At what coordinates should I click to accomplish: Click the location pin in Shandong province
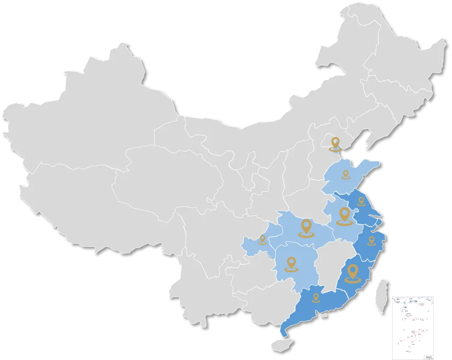(x=346, y=174)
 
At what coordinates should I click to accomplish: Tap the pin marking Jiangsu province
(x=361, y=201)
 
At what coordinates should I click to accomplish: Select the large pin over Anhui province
(x=344, y=215)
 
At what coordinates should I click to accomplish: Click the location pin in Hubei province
(x=306, y=227)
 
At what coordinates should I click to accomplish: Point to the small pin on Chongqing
(x=263, y=239)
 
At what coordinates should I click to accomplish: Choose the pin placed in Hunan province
(x=292, y=263)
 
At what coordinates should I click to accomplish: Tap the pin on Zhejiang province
(x=371, y=241)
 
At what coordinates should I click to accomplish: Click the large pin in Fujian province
(x=353, y=273)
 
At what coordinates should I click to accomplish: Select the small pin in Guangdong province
(x=316, y=296)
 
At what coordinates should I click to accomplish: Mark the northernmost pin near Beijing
(x=336, y=143)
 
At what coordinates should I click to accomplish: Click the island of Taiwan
(x=381, y=295)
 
